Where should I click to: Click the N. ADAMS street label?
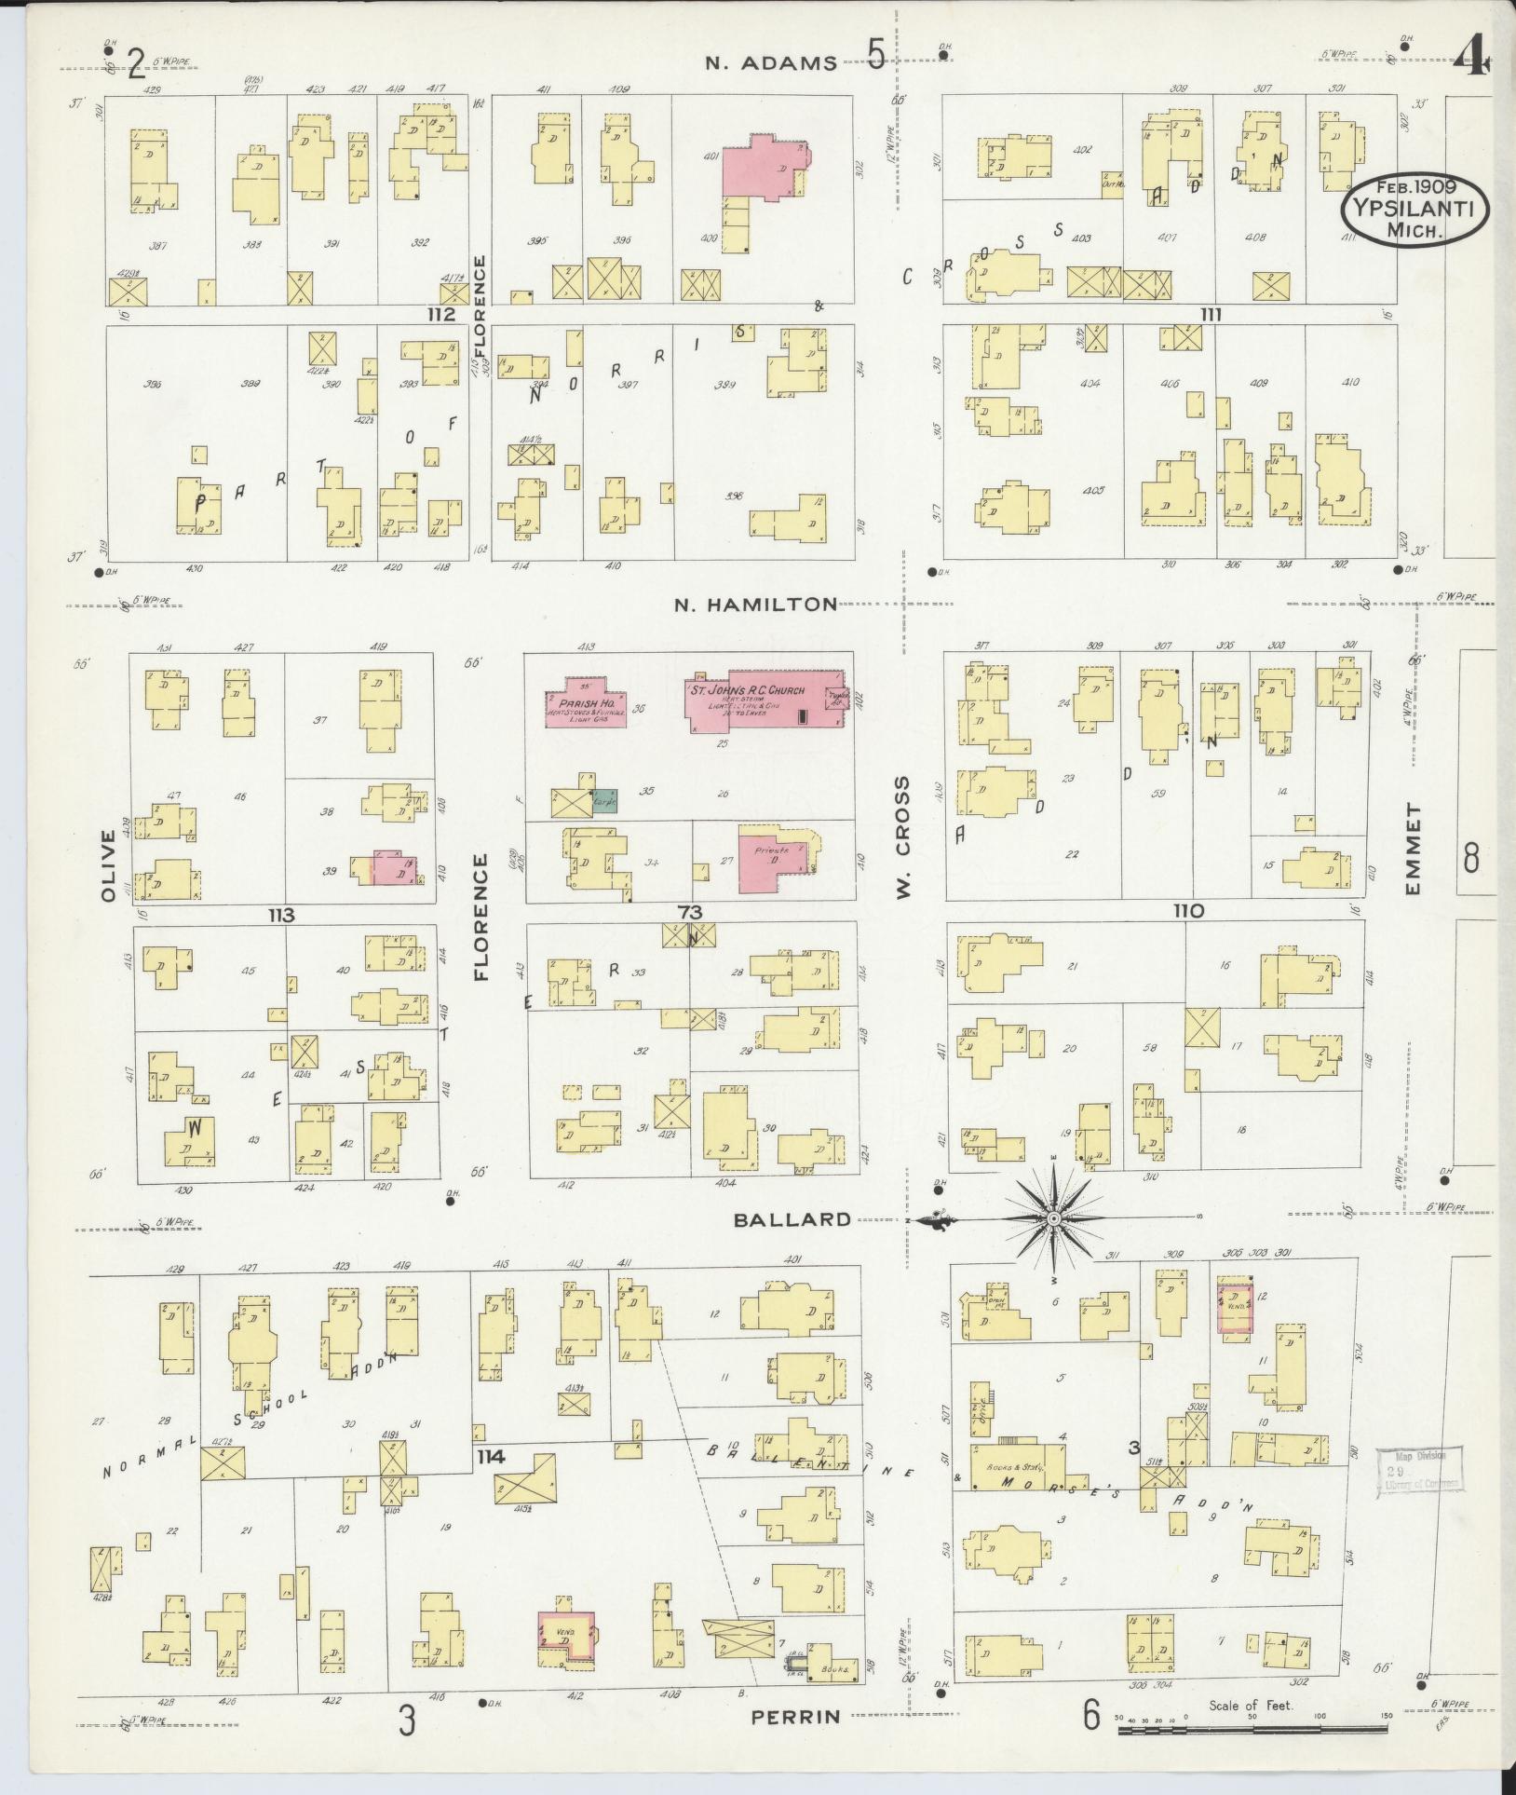pyautogui.click(x=770, y=63)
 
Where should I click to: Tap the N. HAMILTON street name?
pyautogui.click(x=755, y=605)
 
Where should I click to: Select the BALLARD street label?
pyautogui.click(x=792, y=1219)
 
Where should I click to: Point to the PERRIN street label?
pyautogui.click(x=796, y=1716)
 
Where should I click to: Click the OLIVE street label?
pyautogui.click(x=107, y=866)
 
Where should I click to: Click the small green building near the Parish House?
pyautogui.click(x=605, y=798)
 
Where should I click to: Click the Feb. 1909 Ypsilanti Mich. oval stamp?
pyautogui.click(x=1414, y=211)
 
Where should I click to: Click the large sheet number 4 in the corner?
pyautogui.click(x=1474, y=62)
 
